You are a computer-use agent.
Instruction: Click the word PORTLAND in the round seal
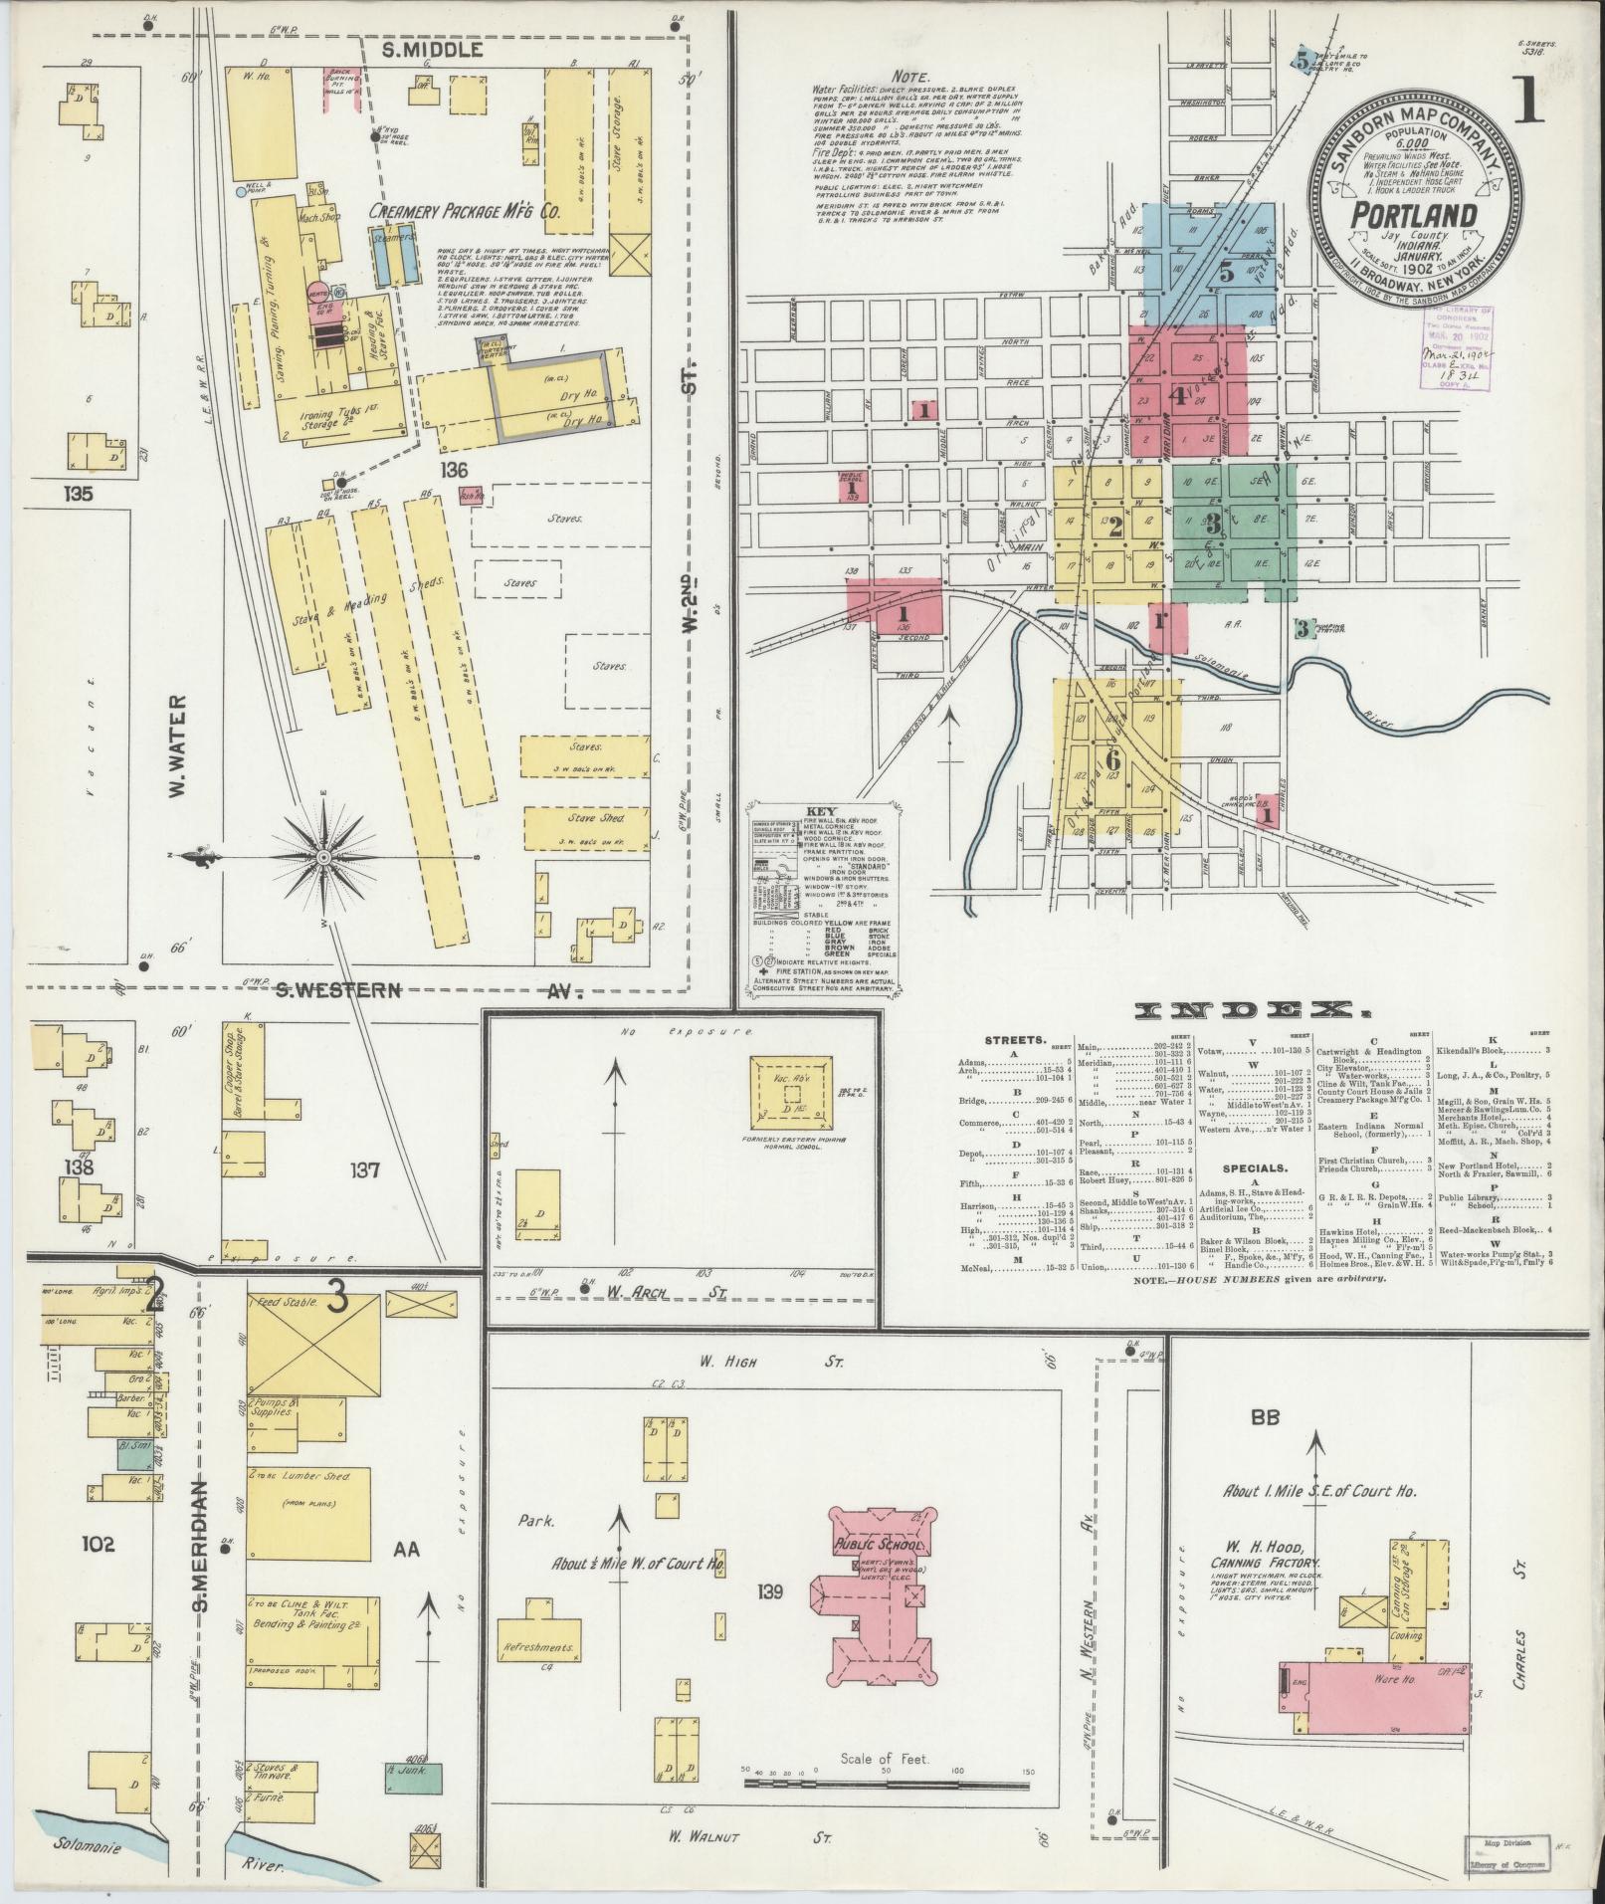[x=1412, y=216]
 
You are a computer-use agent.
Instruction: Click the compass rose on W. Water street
[x=324, y=857]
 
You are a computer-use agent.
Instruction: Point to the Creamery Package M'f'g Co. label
[x=465, y=212]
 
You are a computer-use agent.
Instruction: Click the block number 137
[x=364, y=1170]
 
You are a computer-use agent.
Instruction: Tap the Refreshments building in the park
[x=540, y=1646]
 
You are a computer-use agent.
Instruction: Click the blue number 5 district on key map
[x=1226, y=271]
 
